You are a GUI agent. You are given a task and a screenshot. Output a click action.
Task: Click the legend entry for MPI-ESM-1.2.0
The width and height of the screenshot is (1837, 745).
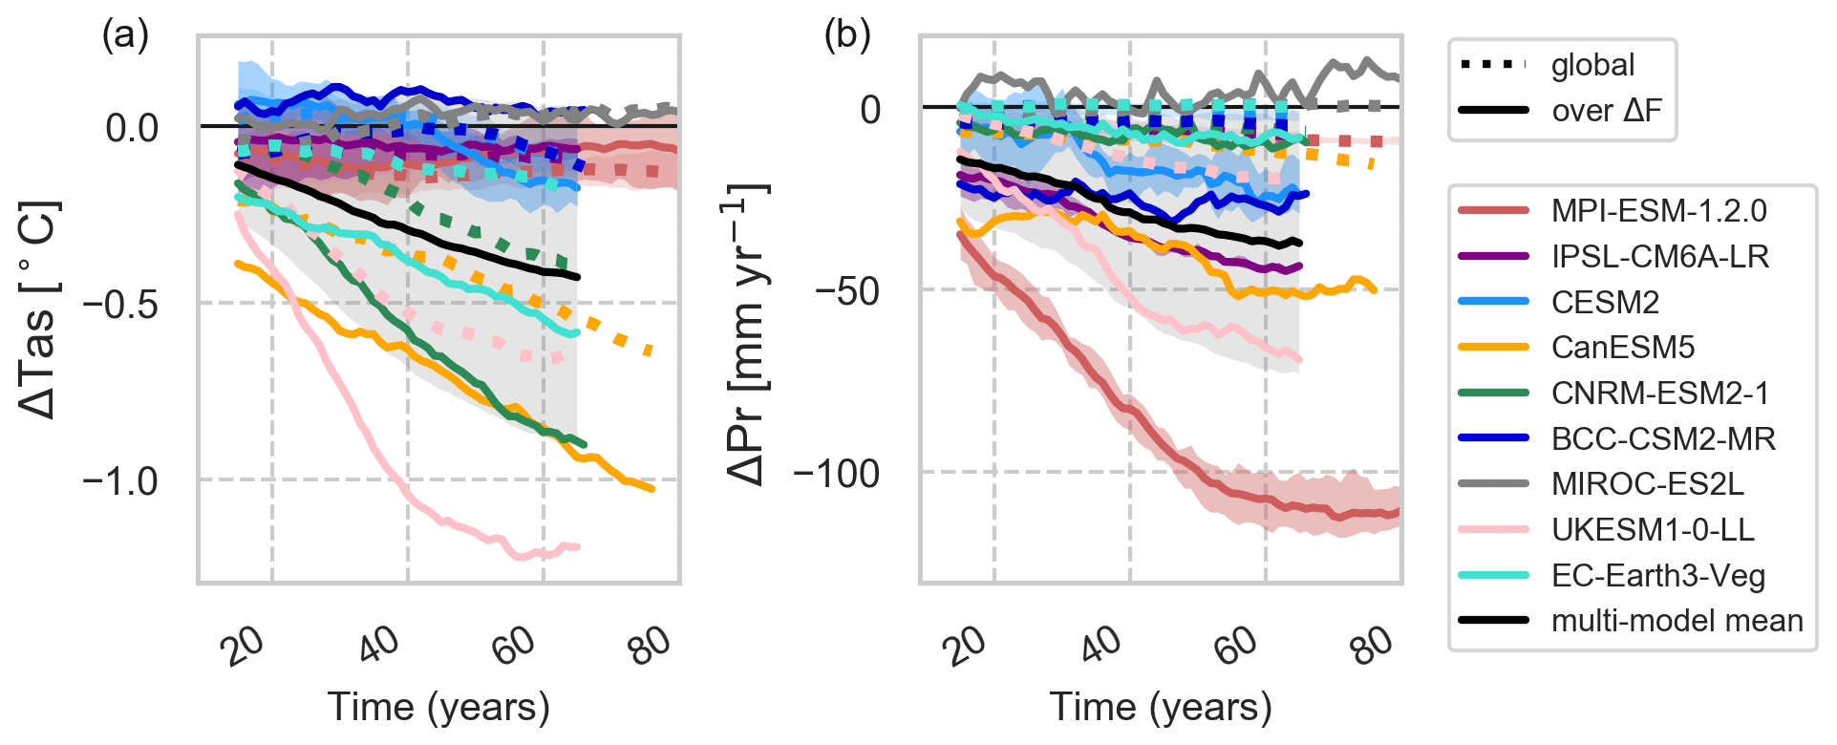click(1658, 211)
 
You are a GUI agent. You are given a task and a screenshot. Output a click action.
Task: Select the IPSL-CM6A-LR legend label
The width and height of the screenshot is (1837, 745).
click(1660, 257)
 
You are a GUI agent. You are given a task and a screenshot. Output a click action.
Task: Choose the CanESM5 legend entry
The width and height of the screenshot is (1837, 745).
click(1622, 348)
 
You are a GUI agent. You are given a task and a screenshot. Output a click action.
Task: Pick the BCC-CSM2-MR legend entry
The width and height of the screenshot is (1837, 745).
click(1663, 439)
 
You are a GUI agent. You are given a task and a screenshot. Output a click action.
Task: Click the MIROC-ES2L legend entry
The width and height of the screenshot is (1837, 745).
click(1647, 484)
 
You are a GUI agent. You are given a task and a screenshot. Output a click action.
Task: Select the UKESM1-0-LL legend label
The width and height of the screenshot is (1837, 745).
click(1653, 530)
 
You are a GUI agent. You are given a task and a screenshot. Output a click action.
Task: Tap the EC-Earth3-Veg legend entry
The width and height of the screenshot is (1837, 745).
click(1657, 576)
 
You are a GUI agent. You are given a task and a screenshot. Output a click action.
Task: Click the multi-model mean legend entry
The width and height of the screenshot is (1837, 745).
click(1677, 621)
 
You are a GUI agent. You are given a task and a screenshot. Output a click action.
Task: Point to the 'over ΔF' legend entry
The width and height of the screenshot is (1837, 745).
click(1606, 111)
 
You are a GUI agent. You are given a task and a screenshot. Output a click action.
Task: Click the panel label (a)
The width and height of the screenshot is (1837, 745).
click(125, 35)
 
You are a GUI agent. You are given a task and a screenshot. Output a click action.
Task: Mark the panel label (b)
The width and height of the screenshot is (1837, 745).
click(847, 35)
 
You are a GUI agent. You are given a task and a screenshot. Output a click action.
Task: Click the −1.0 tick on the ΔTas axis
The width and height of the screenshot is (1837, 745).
click(120, 480)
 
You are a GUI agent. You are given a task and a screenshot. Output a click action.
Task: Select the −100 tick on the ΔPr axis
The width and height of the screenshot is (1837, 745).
click(836, 473)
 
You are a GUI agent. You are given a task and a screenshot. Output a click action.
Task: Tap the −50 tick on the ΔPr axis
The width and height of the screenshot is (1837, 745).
click(846, 290)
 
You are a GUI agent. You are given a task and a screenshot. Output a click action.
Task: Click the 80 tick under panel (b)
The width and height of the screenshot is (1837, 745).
click(1372, 646)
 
